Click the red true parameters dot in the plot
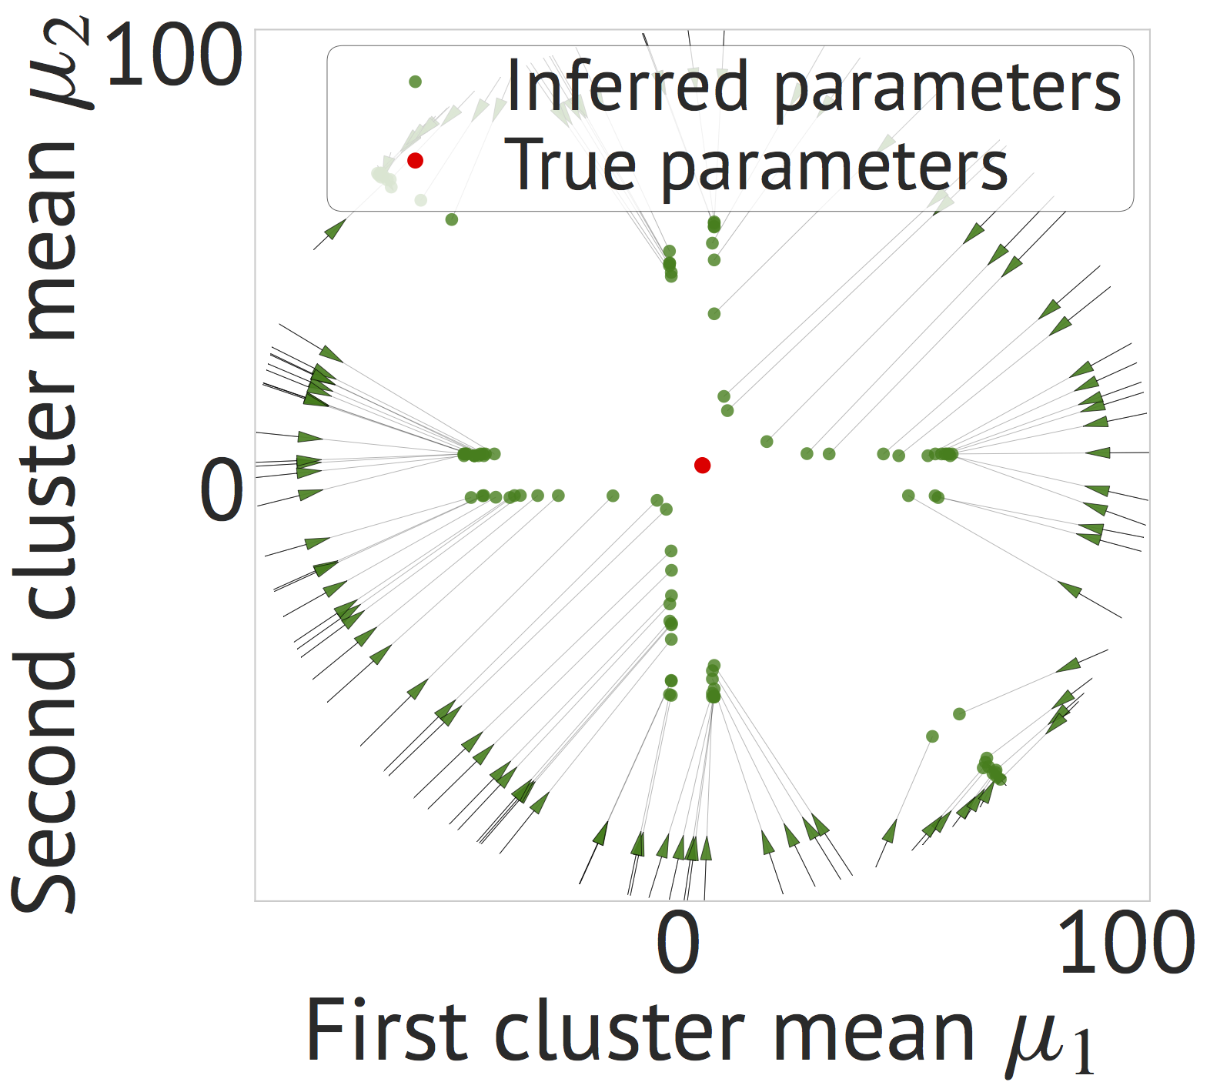click(702, 465)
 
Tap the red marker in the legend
click(415, 160)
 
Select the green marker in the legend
click(415, 81)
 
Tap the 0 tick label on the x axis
click(678, 943)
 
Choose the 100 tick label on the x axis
click(1126, 943)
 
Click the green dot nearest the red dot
click(667, 509)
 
